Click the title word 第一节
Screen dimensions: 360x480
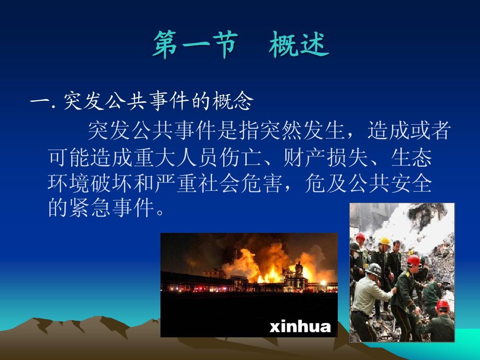tap(194, 46)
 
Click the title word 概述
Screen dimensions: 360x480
tap(298, 46)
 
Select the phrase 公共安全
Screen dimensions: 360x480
tap(390, 184)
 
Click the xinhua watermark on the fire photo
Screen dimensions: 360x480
tap(300, 327)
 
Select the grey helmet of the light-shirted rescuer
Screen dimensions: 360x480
tap(374, 268)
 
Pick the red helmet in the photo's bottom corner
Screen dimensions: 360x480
tap(443, 305)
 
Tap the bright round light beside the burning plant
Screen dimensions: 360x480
tap(323, 283)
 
